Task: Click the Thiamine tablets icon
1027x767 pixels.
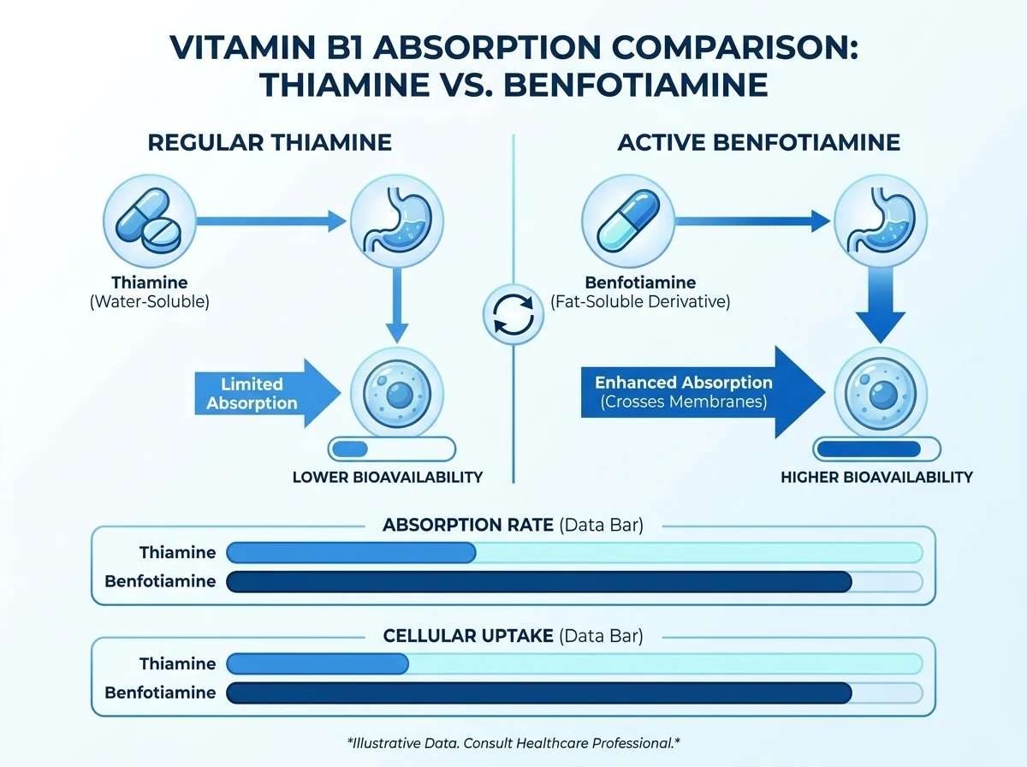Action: (149, 221)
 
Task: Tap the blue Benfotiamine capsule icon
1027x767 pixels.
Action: (628, 221)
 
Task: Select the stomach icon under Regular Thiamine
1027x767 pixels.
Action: (397, 221)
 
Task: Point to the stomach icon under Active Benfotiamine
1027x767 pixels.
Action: (881, 221)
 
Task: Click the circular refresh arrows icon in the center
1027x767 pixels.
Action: (513, 314)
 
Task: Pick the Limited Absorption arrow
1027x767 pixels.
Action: (268, 394)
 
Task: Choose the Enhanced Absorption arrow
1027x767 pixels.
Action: (703, 392)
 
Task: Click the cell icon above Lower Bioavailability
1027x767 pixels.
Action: (397, 394)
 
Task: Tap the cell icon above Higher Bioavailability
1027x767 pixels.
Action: (881, 394)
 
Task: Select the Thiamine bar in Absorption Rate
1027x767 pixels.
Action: (351, 553)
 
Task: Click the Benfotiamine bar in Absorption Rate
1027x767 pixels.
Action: (539, 582)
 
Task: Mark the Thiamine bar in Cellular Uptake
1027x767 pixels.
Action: (318, 663)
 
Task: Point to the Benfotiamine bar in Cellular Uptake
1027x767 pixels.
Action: (539, 693)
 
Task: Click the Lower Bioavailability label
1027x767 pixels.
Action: (388, 478)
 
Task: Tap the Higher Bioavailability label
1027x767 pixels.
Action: (876, 478)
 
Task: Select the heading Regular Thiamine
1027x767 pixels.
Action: (270, 143)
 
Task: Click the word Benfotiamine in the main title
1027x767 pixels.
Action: (635, 85)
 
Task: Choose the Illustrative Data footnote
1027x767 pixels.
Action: (513, 743)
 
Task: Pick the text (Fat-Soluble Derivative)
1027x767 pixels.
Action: (640, 302)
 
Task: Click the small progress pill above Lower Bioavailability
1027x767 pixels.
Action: (392, 449)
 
